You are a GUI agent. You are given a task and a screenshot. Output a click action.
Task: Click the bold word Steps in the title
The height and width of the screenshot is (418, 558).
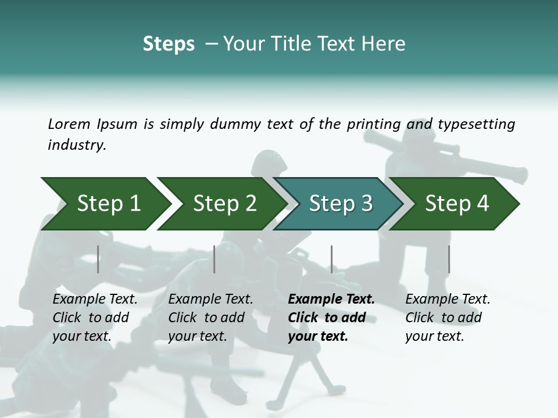coord(169,44)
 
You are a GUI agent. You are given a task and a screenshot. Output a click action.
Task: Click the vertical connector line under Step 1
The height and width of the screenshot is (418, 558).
coord(98,259)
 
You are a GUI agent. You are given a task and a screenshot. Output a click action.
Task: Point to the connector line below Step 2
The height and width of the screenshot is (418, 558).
coord(214,259)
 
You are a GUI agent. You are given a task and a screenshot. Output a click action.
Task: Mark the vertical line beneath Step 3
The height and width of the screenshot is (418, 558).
coord(332,259)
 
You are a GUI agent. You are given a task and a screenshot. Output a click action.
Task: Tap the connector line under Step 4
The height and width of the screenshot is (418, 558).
coord(449,259)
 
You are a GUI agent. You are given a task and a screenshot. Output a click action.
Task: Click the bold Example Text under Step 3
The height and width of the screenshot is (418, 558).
coord(331,299)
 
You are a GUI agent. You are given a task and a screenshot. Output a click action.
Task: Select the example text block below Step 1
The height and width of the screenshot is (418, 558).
coord(95,318)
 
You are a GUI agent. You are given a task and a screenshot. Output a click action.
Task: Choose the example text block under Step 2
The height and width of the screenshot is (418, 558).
coord(210,318)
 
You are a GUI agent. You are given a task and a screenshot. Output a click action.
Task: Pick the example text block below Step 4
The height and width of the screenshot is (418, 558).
coord(448,318)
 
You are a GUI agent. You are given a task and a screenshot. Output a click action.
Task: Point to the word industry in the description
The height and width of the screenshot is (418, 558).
coord(76,145)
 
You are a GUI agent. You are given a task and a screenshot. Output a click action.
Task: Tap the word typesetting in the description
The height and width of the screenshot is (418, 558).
coord(476,124)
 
